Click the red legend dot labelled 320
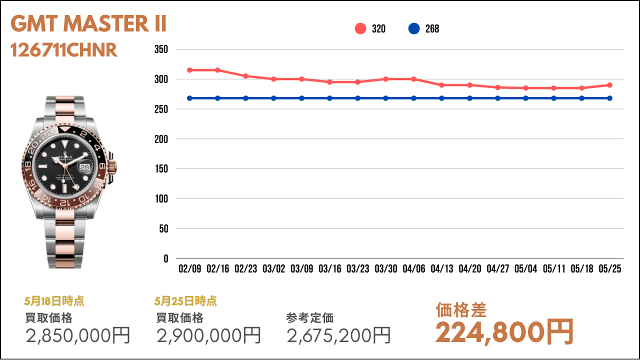360,28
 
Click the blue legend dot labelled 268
414,28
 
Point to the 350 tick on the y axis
161,49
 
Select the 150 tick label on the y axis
161,169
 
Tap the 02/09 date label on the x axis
189,268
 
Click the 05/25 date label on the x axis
610,268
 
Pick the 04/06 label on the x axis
414,268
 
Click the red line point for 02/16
217,70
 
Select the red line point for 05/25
609,85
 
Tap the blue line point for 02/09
189,98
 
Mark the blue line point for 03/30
385,98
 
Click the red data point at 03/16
329,82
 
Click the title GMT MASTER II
88,23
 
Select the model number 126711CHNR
64,50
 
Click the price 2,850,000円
78,335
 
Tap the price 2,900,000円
209,335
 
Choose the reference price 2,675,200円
339,335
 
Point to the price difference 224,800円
504,332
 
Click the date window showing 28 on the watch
84,167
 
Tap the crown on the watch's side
114,167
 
